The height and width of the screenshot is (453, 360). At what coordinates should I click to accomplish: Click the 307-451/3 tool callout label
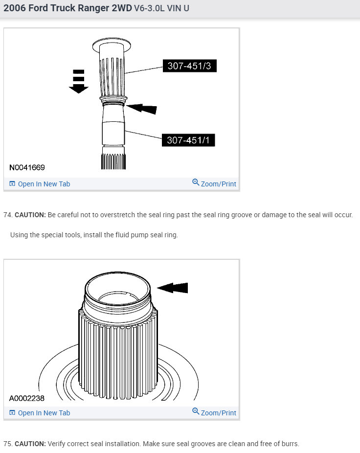[189, 66]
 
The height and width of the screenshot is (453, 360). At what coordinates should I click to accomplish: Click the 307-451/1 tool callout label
[188, 140]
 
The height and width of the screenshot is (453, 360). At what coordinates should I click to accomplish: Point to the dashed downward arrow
[78, 81]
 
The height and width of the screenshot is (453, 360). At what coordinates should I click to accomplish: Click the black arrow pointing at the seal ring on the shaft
[142, 108]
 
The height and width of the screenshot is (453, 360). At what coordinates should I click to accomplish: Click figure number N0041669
[27, 168]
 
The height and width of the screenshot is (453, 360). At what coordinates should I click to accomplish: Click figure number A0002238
[27, 398]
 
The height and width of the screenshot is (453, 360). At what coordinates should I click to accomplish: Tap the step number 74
[7, 215]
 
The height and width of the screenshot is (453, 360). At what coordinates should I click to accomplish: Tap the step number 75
[7, 444]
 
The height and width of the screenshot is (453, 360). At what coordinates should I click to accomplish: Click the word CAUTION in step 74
[30, 215]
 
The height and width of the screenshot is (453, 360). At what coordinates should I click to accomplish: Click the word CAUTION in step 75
[30, 444]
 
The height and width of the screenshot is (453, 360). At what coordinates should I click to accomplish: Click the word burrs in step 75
[289, 444]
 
